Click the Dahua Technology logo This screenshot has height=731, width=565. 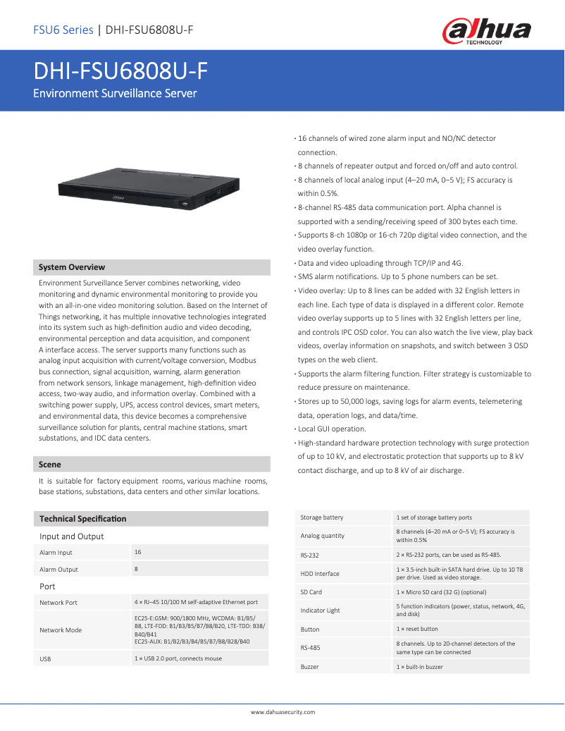click(x=486, y=31)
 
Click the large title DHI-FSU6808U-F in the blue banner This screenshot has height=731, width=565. click(x=120, y=71)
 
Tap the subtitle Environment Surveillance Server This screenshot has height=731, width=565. click(x=116, y=93)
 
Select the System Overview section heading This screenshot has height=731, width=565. click(x=72, y=267)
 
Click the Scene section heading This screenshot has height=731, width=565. click(x=50, y=465)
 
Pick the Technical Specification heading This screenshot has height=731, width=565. click(x=83, y=519)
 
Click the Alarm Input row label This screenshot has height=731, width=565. click(x=56, y=553)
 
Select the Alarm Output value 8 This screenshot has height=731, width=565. click(x=137, y=568)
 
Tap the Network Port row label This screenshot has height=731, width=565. click(x=58, y=603)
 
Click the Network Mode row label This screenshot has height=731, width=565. click(x=61, y=629)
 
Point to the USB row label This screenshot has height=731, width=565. click(x=45, y=658)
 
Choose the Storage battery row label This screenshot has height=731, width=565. click(x=322, y=517)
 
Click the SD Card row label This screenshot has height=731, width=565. click(x=311, y=592)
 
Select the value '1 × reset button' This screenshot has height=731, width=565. click(x=417, y=629)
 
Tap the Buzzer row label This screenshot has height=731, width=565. click(x=309, y=666)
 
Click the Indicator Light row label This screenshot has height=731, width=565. click(x=320, y=610)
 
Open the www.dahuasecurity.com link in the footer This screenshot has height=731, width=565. click(x=283, y=712)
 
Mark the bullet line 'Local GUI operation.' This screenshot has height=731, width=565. click(x=331, y=429)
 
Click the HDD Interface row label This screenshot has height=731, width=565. click(x=320, y=573)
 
